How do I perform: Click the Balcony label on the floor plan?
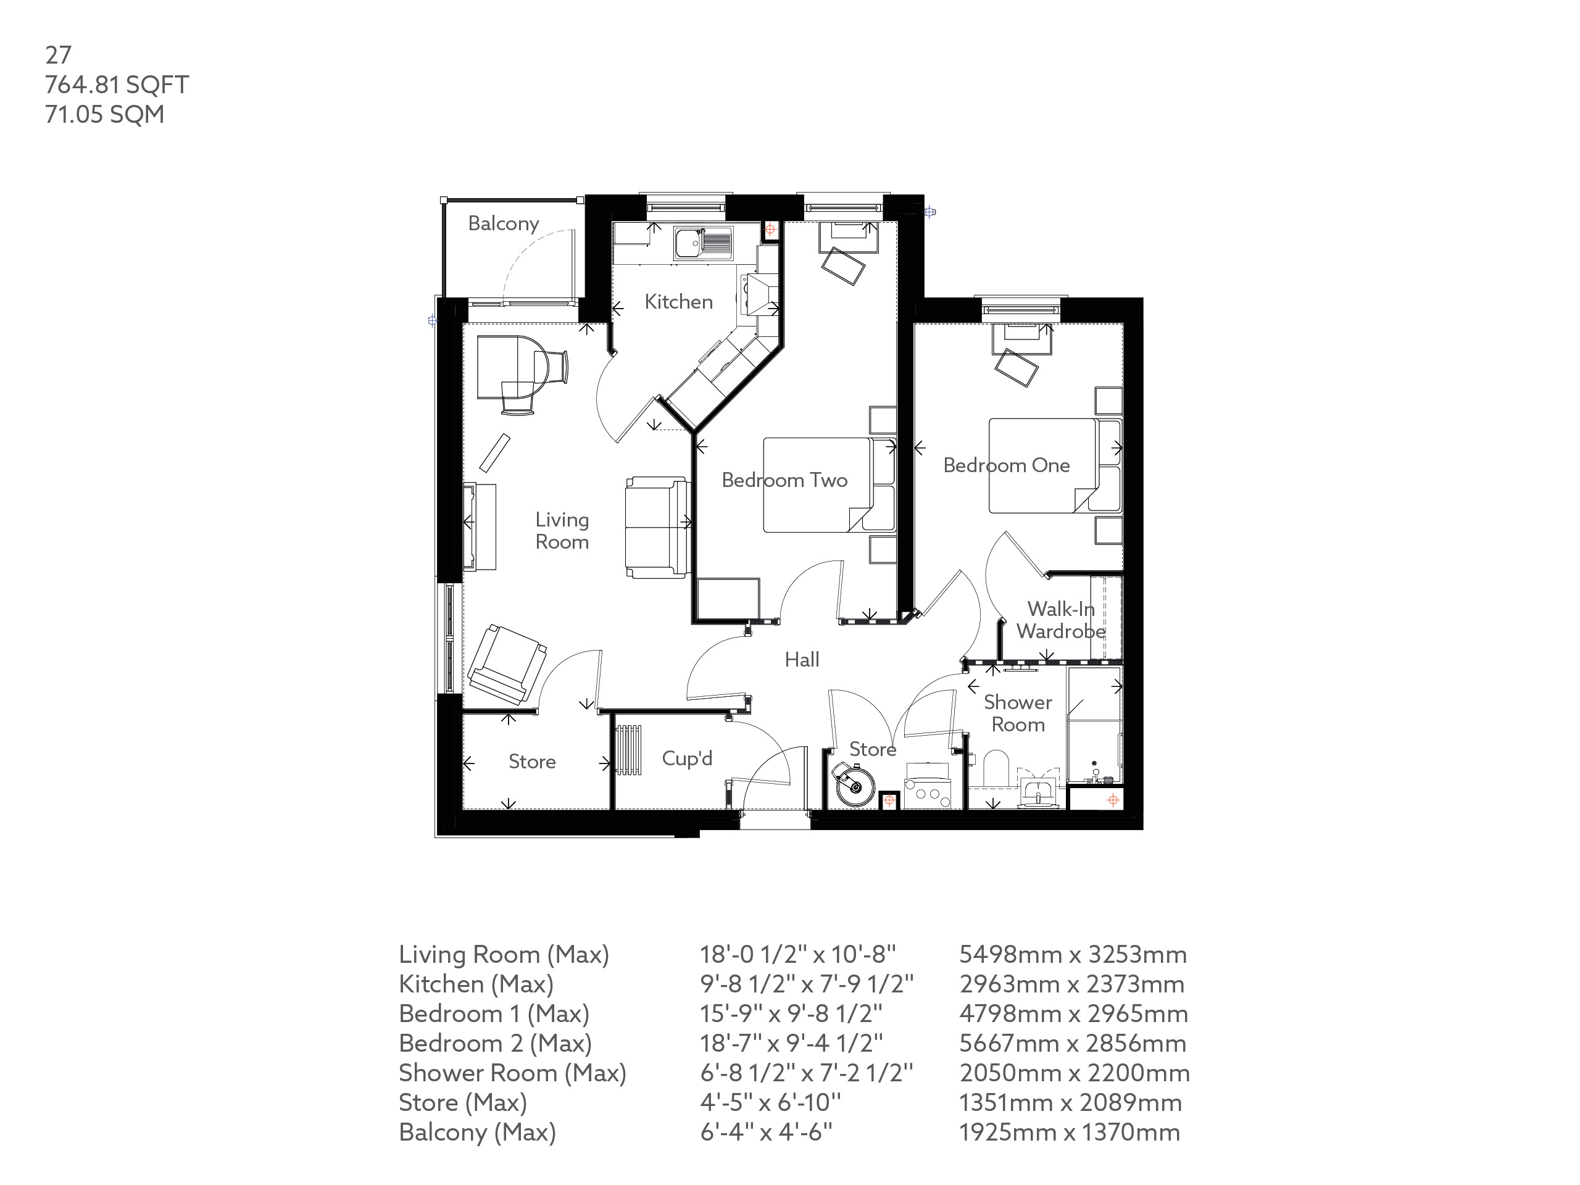[503, 223]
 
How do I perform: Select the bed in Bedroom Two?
[818, 485]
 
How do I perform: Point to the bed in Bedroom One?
[1043, 466]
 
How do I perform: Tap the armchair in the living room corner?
[505, 664]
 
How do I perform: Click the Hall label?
[802, 659]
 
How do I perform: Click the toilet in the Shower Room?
[994, 768]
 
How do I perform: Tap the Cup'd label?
[686, 758]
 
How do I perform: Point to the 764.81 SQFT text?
[117, 85]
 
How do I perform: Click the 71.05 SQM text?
[104, 114]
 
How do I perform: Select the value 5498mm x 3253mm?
[1072, 954]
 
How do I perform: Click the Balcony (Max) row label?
[477, 1132]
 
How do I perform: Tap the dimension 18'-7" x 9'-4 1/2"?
[791, 1043]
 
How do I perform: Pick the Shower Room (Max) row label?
[512, 1073]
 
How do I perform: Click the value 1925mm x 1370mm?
[1068, 1132]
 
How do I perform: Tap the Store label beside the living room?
[531, 762]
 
